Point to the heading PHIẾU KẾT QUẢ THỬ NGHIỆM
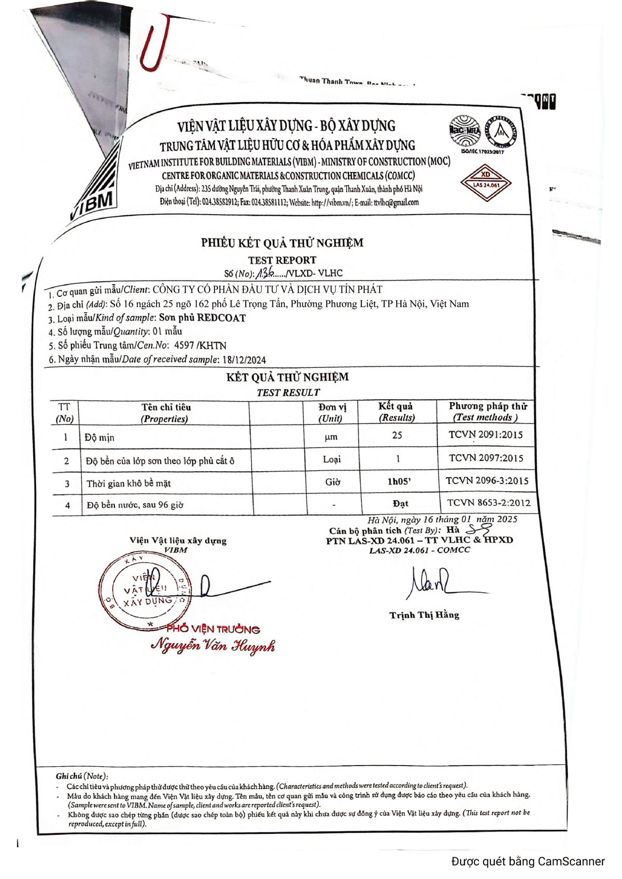282,243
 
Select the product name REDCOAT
221,318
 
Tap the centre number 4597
185,345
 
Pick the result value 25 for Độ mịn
397,435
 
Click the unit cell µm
331,437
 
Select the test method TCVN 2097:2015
486,458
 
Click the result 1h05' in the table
399,481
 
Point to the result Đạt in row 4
400,503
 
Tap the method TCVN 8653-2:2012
488,503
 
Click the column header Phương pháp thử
487,406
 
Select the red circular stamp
146,591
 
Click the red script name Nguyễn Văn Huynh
213,646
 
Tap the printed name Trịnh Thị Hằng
424,615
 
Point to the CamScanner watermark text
528,861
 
